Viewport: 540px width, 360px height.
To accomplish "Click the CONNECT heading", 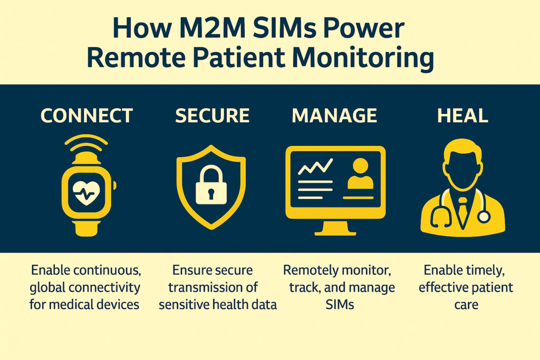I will [87, 115].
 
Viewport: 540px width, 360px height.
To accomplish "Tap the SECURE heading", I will [212, 115].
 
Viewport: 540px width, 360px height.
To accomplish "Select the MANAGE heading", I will [334, 115].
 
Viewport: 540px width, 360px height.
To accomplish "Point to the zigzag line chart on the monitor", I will [315, 168].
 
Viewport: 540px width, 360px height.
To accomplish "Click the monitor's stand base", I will [335, 231].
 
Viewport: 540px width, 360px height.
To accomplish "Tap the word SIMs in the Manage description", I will [339, 305].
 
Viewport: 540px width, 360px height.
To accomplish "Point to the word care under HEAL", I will [465, 305].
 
